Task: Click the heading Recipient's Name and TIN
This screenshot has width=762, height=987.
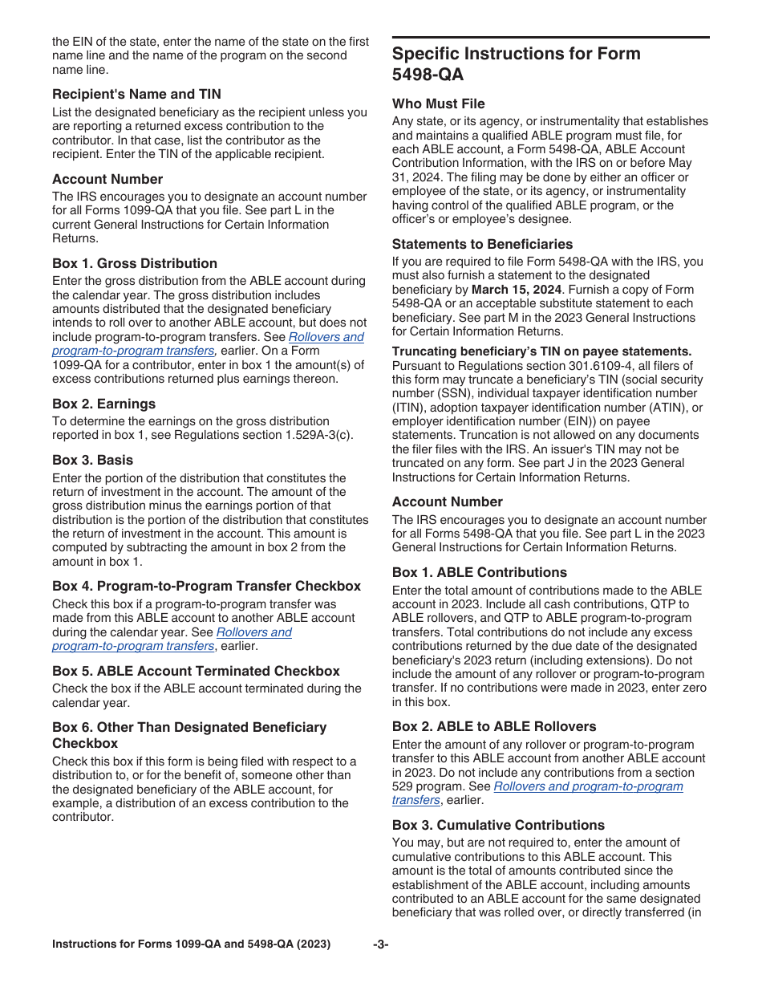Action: (x=136, y=94)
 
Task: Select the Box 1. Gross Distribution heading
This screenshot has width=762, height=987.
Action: (x=135, y=263)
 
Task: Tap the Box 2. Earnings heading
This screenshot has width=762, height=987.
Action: (x=104, y=404)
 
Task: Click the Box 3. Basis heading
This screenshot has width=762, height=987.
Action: (x=93, y=460)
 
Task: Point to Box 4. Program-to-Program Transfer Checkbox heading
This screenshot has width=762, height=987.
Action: (x=207, y=586)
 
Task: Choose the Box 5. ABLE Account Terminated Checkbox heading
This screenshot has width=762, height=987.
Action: (x=196, y=671)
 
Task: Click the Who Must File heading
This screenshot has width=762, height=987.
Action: (x=439, y=104)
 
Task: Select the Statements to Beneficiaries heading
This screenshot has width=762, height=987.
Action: (x=482, y=244)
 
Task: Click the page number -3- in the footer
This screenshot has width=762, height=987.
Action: (x=381, y=944)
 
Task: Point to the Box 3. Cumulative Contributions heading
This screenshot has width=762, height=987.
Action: (x=498, y=825)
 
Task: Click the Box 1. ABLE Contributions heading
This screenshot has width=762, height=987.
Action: (x=480, y=572)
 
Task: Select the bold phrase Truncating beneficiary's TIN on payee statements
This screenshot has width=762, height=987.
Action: (x=541, y=351)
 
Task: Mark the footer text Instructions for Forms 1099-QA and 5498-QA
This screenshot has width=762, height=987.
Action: (x=191, y=944)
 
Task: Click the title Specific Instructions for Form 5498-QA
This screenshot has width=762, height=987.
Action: (x=517, y=64)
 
